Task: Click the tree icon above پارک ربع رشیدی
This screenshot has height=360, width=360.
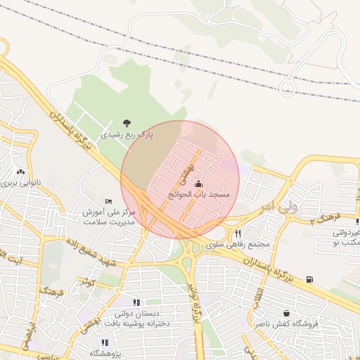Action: pos(127,123)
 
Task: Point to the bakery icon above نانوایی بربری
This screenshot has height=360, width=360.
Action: pos(20,172)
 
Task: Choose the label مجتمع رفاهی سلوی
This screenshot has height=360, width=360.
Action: pos(240,244)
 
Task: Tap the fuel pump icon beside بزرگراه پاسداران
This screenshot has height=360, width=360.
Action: pos(310,280)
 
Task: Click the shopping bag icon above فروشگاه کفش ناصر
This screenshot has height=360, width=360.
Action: pos(286,313)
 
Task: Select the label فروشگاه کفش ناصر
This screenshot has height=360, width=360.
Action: pos(286,324)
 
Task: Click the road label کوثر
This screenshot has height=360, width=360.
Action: pos(86,281)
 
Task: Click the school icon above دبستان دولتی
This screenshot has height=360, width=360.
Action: pos(136,302)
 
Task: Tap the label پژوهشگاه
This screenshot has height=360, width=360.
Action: pos(104,353)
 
